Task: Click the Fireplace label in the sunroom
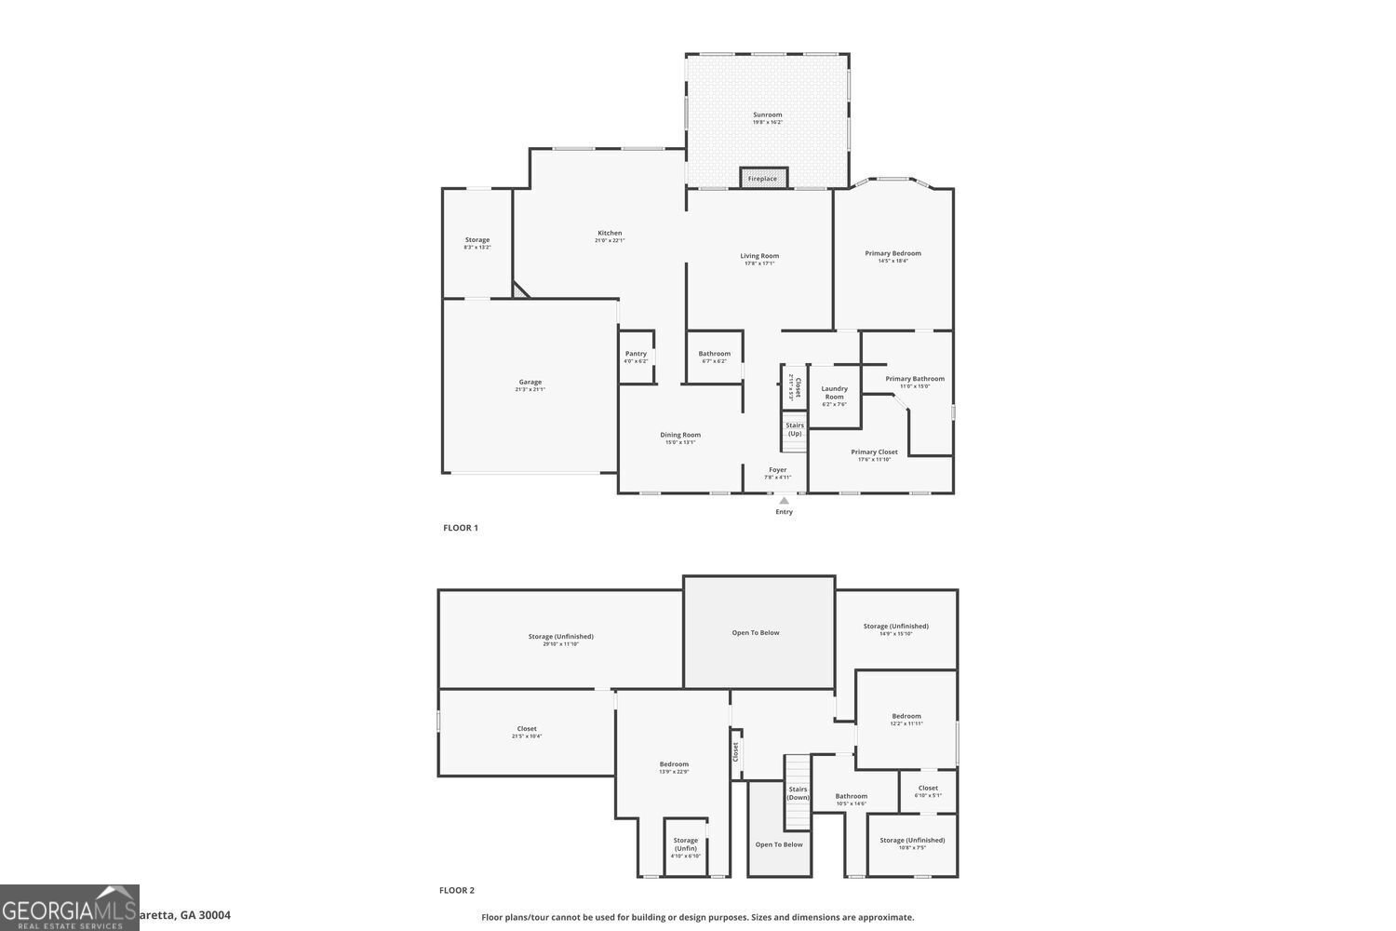tap(762, 179)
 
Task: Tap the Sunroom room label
tap(768, 115)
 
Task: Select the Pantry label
tap(636, 354)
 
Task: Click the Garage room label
tap(530, 382)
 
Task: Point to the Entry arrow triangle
tap(784, 501)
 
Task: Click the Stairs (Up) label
tap(795, 429)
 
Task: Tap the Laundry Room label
tap(834, 393)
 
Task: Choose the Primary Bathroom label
tap(915, 379)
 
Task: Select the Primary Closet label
tap(875, 452)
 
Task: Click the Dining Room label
tap(680, 435)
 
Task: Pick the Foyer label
tap(777, 470)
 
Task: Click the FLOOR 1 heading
tap(461, 528)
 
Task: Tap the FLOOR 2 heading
tap(457, 890)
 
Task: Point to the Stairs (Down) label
tap(798, 793)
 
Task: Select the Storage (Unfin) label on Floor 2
tap(686, 844)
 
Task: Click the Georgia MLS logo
tap(69, 908)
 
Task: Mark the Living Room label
tap(759, 256)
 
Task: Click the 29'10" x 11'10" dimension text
tap(561, 644)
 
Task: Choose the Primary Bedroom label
tap(893, 253)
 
